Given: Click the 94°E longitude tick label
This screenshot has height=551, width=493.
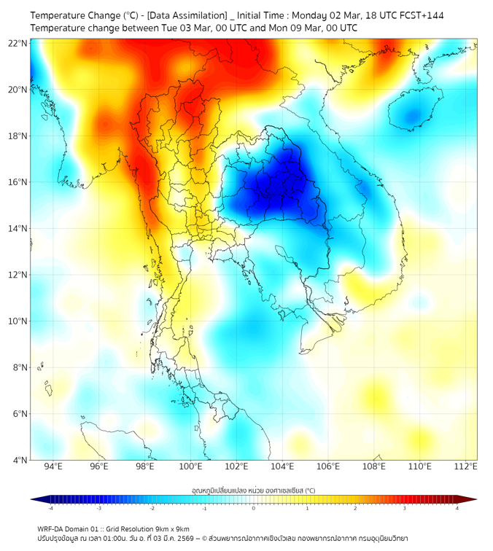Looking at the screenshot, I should (53, 466).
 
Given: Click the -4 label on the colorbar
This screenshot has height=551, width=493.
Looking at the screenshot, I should (50, 508).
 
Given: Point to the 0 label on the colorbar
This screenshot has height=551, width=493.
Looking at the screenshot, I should (254, 508).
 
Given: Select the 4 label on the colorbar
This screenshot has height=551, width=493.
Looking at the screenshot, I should (457, 508).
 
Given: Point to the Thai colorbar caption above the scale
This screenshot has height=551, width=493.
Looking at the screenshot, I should (253, 490).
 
